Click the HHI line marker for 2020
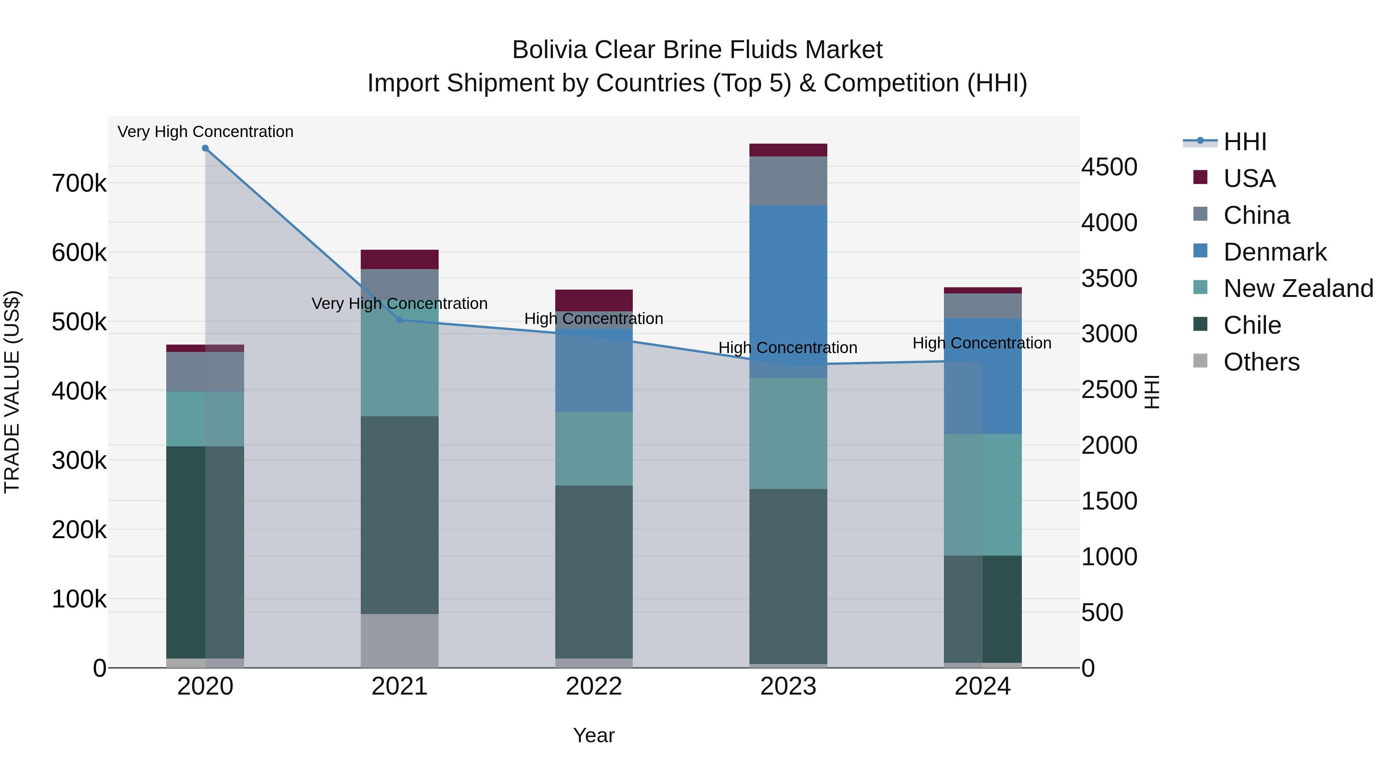(205, 148)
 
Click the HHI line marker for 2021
(400, 320)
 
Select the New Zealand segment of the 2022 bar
(594, 449)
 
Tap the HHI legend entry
(1244, 142)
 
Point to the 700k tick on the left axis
(79, 184)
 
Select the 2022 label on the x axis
(594, 686)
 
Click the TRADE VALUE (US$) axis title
(12, 392)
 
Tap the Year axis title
(594, 735)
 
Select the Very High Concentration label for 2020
(205, 132)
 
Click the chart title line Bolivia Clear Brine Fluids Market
(697, 50)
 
